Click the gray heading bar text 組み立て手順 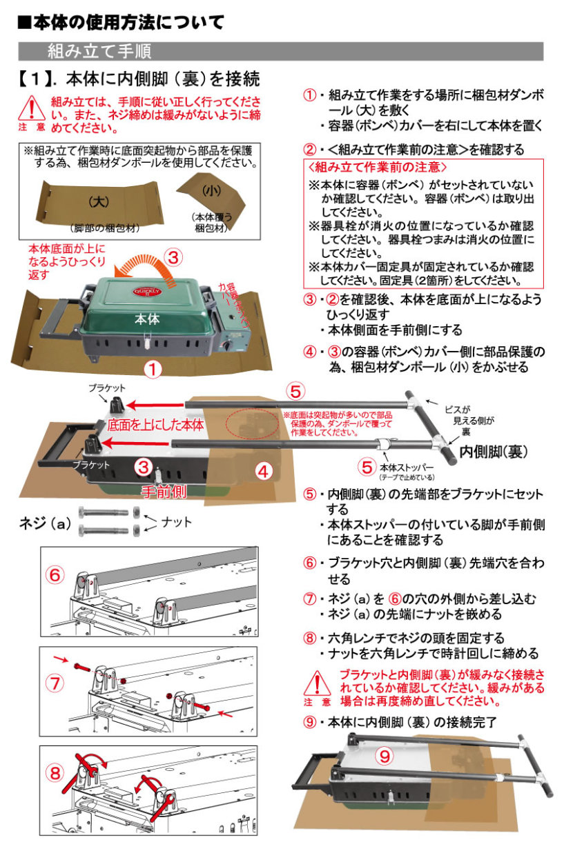tap(99, 51)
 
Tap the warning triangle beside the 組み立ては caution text tap(32, 108)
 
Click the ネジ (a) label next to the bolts tap(45, 523)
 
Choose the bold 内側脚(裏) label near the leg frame tap(494, 452)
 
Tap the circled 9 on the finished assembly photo tap(385, 756)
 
